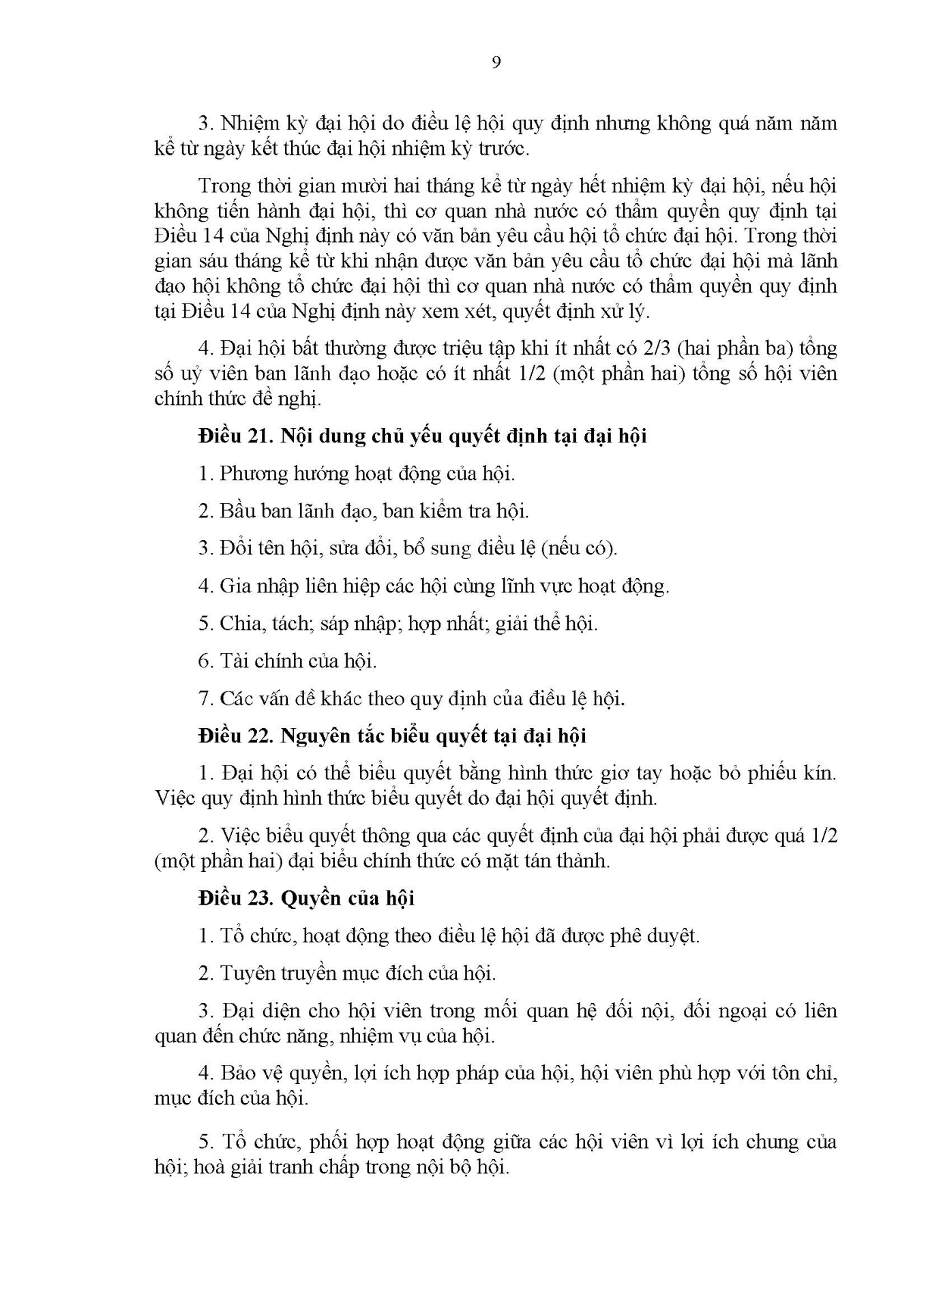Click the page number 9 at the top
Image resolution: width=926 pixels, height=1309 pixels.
(496, 63)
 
